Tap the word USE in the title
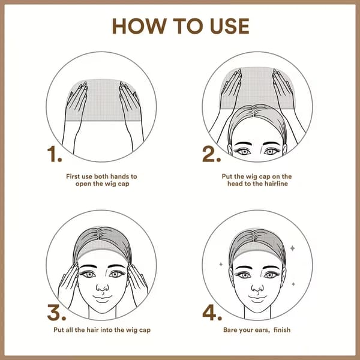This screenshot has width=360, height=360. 230,26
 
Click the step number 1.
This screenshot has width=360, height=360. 55,154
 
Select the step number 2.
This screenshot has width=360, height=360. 211,154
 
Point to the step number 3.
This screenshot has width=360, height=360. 56,312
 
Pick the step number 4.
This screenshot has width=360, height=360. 212,312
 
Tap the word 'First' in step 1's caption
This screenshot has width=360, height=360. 73,176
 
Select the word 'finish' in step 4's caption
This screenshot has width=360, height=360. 282,329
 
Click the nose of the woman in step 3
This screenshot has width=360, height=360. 102,287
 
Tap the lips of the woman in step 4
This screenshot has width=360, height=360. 257,299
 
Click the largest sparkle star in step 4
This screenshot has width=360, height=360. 293,248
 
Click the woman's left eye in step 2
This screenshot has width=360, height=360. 271,152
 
